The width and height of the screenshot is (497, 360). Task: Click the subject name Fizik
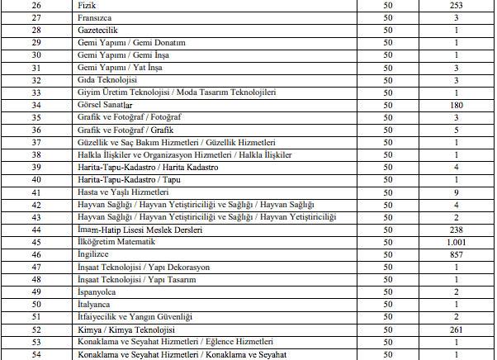pos(86,5)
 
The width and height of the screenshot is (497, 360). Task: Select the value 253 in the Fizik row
pos(456,5)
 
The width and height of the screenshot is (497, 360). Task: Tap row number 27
pos(35,17)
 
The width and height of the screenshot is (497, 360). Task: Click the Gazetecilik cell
pos(98,30)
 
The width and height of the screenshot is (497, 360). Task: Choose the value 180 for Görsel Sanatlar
pos(456,106)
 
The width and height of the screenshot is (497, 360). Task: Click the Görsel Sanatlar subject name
pos(106,106)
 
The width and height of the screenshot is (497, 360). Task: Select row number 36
pos(35,130)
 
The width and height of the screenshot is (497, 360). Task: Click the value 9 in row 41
pos(456,192)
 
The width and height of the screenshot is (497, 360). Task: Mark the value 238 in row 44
pos(456,230)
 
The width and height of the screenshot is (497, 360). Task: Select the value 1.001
pos(456,242)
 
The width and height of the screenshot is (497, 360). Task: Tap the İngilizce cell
pos(92,255)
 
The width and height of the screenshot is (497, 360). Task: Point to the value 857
pos(456,255)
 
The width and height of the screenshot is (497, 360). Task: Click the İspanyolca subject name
pos(97,292)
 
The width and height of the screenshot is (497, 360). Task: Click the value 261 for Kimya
pos(456,329)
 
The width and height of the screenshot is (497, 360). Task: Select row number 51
pos(35,317)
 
